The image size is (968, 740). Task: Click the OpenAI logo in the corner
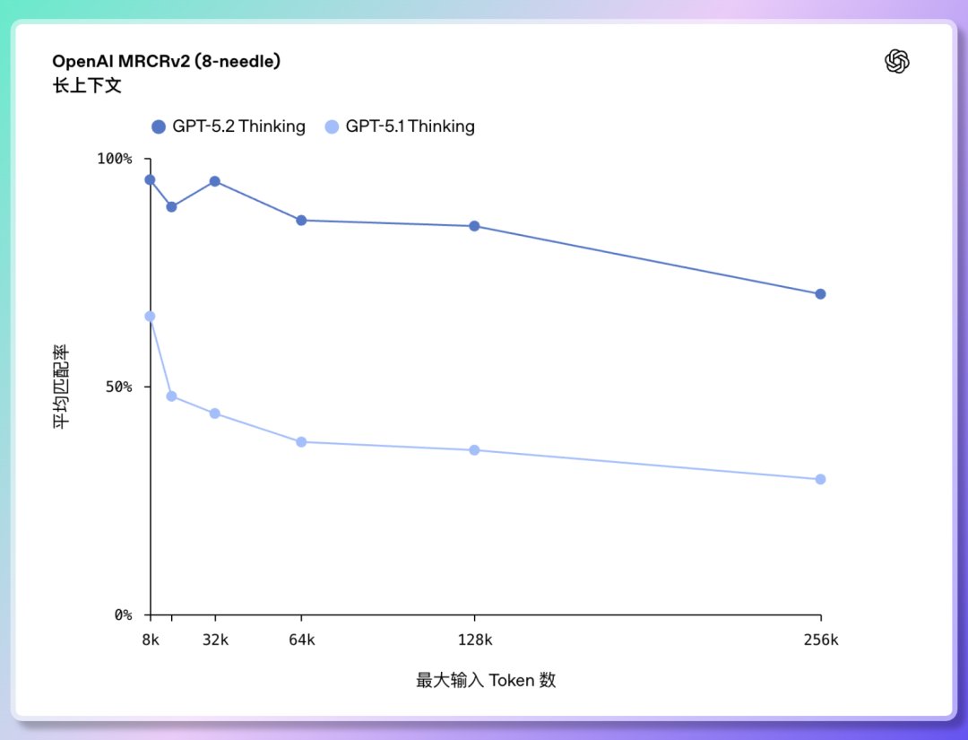point(897,61)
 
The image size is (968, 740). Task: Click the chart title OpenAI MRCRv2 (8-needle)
point(167,62)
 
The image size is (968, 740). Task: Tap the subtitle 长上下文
point(87,86)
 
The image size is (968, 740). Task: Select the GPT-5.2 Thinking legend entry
point(229,126)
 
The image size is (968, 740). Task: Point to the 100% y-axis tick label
point(114,159)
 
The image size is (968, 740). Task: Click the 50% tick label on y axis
point(117,387)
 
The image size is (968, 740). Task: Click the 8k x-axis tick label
point(150,640)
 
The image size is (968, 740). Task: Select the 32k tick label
point(215,640)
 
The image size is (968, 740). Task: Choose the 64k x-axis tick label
point(301,640)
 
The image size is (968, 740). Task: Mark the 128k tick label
point(474,640)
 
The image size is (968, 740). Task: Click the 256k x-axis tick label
point(820,640)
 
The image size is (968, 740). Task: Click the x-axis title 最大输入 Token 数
point(486,680)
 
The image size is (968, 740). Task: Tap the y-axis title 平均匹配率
point(62,387)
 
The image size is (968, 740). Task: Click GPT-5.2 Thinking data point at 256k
point(820,294)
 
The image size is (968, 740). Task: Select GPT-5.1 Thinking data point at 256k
point(820,479)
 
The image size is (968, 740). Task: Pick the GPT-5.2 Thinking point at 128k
point(474,226)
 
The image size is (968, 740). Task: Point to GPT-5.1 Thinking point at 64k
point(301,442)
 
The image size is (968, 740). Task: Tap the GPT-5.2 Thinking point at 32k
point(215,181)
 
